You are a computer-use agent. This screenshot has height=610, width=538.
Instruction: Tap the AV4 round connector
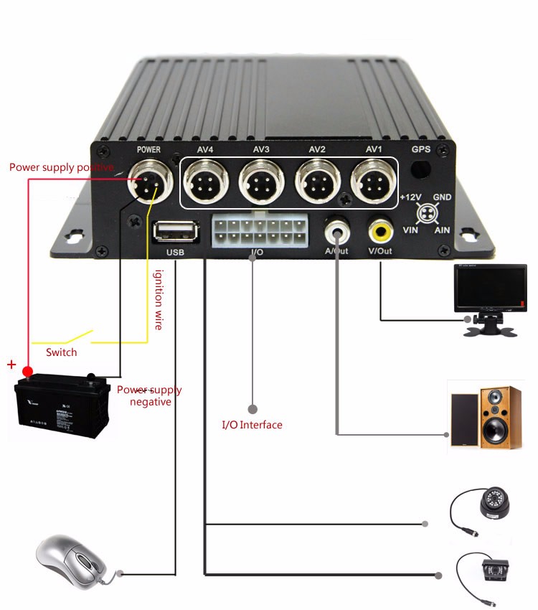click(204, 184)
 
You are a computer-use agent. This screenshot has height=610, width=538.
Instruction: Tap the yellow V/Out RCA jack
click(380, 231)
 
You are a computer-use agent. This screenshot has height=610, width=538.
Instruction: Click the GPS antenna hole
click(420, 169)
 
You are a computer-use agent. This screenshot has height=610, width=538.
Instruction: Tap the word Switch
click(61, 352)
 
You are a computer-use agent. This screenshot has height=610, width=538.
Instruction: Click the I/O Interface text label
click(252, 425)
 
